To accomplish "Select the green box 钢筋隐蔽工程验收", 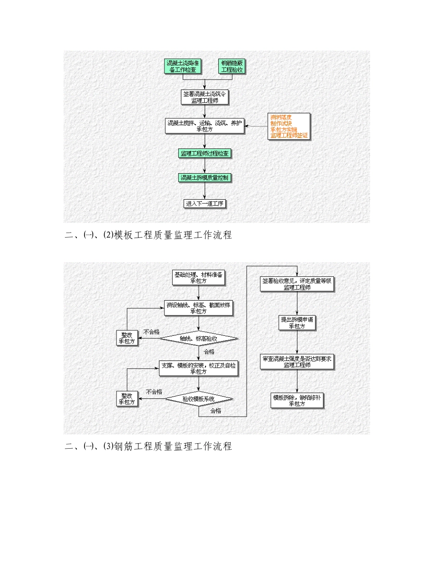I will tap(232, 66).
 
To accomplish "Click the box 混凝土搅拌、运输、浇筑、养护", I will tap(205, 126).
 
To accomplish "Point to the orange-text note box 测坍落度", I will tap(289, 126).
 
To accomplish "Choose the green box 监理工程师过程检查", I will tap(205, 154).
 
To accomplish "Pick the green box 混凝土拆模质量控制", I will tap(205, 177).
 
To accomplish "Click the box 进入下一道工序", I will tap(205, 204).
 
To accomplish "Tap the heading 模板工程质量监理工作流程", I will tap(148, 235).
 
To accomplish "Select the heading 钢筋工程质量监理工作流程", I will tap(148, 446).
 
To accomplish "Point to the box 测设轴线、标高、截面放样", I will tap(199, 308).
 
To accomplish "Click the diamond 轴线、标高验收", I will tap(199, 339).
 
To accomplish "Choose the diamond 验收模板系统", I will tap(199, 399).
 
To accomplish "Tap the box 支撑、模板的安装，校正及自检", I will tap(199, 368).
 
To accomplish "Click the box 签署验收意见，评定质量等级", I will tap(297, 284).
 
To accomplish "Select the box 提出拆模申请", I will tap(297, 323).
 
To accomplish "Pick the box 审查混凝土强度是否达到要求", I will tap(297, 361).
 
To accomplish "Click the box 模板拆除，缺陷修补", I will tap(297, 400).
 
